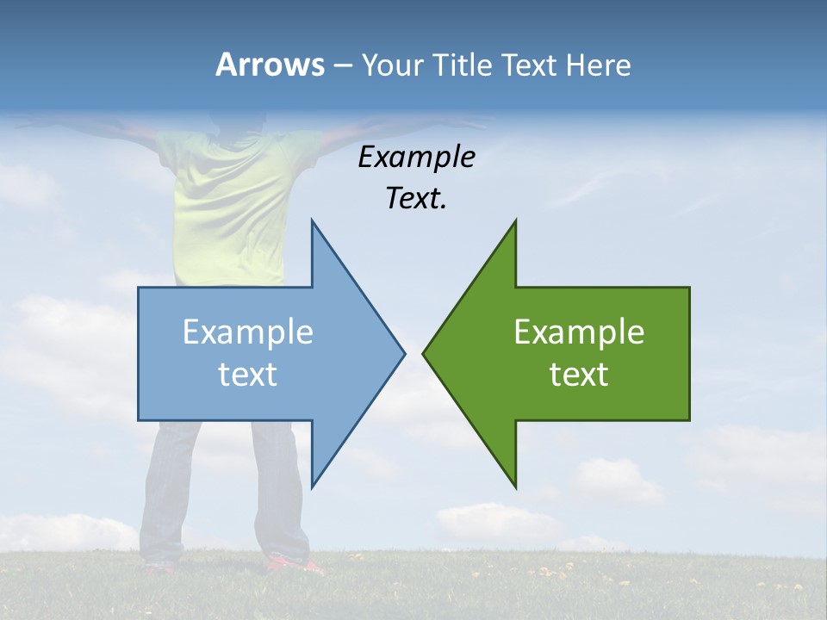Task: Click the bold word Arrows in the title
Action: point(270,65)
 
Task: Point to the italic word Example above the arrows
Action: point(416,157)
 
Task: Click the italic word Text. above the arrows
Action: point(416,198)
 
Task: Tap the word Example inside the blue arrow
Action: point(248,332)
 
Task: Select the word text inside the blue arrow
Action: point(248,374)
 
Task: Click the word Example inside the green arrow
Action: point(579,332)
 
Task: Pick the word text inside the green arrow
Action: point(579,374)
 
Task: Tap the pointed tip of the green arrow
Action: point(426,353)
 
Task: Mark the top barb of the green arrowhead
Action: point(513,229)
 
